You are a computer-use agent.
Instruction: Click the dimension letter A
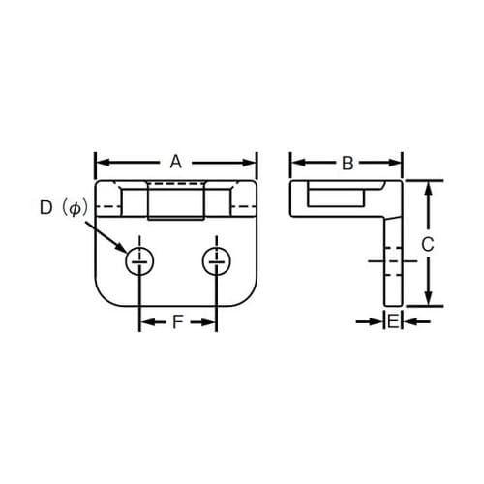pos(175,163)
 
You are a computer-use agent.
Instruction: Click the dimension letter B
pos(348,163)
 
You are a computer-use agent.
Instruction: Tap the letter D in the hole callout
pos(45,207)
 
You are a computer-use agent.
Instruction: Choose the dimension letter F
pos(178,322)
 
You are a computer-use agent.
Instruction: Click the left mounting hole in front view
pos(140,259)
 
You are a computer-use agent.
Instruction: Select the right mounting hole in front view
pos(215,259)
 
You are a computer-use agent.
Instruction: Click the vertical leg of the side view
pos(392,261)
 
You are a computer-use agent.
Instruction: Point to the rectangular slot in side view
pos(335,198)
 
